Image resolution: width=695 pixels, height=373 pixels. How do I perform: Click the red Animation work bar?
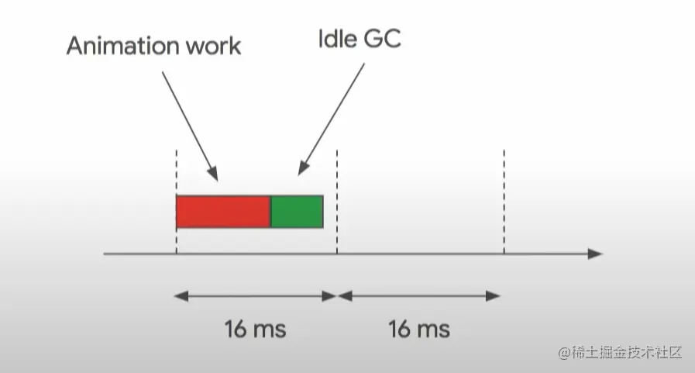(223, 212)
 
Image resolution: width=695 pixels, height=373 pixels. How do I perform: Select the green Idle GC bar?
(297, 212)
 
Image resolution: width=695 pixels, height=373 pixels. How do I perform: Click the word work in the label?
(212, 46)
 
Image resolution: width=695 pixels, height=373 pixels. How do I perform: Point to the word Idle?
(335, 40)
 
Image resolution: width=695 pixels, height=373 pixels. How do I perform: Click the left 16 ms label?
(255, 329)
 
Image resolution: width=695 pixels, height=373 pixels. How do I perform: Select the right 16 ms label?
(419, 329)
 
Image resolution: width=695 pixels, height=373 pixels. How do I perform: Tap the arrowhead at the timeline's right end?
(595, 254)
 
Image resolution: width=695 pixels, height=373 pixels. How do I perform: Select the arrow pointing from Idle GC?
(331, 116)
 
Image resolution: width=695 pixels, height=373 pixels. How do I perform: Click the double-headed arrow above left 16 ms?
(256, 295)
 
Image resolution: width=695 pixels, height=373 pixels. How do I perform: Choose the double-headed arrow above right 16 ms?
(419, 295)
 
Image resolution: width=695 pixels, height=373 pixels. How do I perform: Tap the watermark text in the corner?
(620, 352)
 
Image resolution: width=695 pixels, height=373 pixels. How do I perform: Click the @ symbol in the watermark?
(564, 352)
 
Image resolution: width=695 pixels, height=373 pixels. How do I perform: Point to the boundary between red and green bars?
(270, 212)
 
